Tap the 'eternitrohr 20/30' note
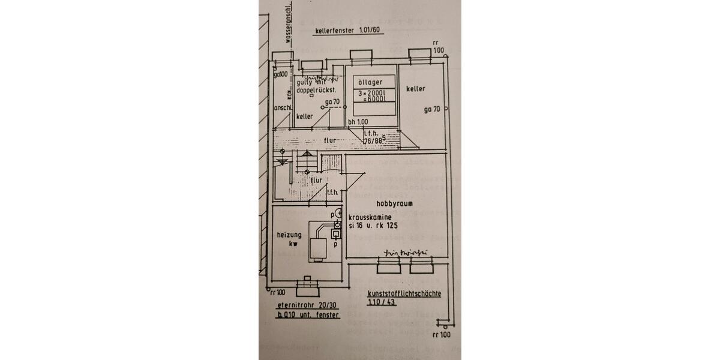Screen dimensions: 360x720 coord(305,304)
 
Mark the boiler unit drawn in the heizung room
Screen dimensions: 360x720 coord(317,246)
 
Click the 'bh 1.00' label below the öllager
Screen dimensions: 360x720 coord(358,122)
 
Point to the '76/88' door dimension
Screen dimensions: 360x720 coord(374,142)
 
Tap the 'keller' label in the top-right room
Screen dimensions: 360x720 coord(415,89)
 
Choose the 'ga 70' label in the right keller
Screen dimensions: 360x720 coord(432,110)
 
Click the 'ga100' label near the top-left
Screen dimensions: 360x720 coord(281,74)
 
